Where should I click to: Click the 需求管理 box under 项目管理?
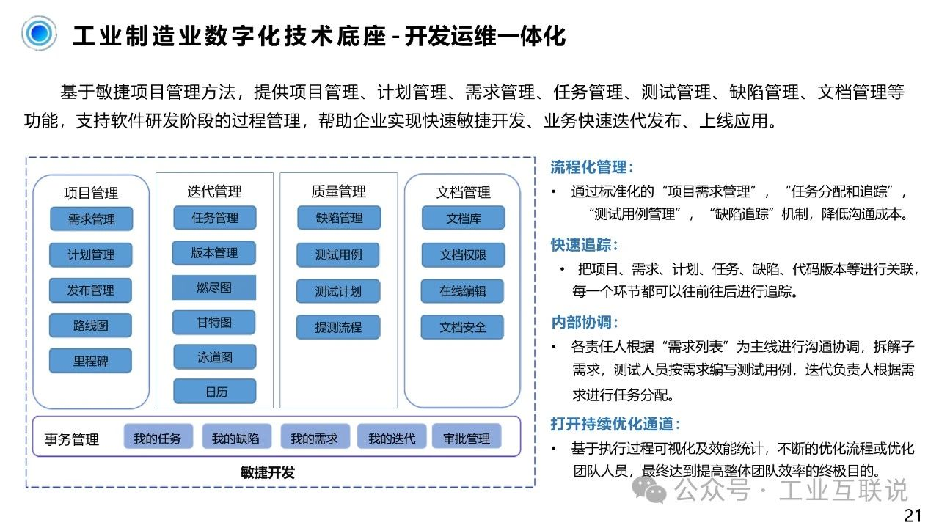92,219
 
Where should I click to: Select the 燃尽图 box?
214,287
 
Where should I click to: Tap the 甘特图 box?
214,322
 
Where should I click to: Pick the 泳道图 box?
215,357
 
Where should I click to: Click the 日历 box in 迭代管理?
215,392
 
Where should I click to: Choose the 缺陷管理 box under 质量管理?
339,218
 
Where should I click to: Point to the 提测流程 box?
338,327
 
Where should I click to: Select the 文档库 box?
463,218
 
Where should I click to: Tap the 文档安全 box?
462,327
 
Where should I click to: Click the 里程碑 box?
90,361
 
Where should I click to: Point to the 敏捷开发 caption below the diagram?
268,473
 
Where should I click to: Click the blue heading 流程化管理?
591,167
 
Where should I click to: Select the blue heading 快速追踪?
584,245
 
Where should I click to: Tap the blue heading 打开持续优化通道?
615,424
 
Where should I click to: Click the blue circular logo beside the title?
39,33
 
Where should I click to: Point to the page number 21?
913,516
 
